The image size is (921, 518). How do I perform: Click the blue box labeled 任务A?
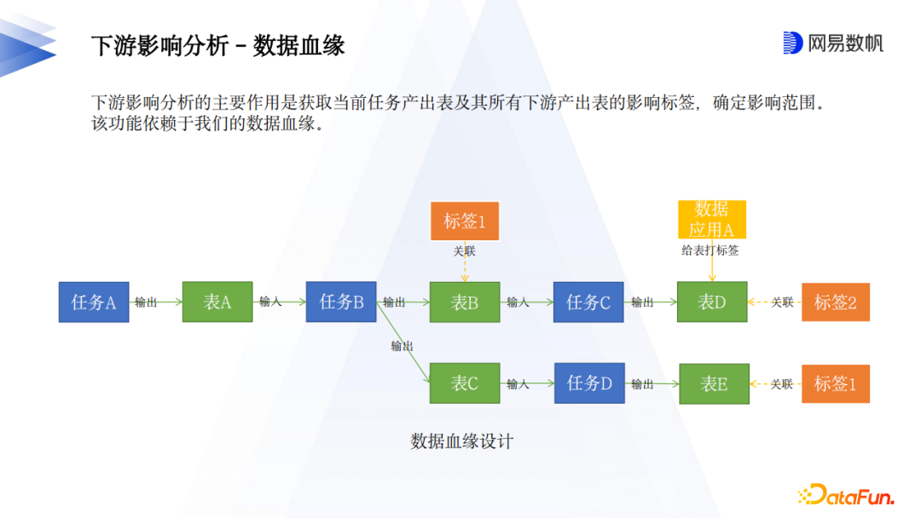coord(94,302)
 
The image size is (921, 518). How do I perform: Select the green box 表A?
coord(217,302)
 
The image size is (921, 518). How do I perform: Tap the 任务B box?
coord(341,302)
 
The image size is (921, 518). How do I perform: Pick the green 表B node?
coord(465,302)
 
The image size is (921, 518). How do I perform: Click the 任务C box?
coord(588,302)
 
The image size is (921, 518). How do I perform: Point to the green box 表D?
coord(712,302)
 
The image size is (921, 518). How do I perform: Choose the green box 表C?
coord(465,383)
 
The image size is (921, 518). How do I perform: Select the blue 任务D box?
coord(589,383)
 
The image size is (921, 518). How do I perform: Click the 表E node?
coord(714,383)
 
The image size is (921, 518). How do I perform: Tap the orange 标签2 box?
coord(835,302)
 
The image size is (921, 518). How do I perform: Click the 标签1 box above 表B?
coord(465,221)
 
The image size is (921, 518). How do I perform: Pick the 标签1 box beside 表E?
coord(835,383)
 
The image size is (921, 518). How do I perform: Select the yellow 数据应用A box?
coord(712,220)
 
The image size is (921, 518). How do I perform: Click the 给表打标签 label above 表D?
coord(710,250)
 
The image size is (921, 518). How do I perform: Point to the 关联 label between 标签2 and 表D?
coord(782,302)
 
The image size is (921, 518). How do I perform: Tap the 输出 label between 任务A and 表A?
coord(146,302)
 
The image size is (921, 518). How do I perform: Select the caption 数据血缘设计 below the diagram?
coord(462,441)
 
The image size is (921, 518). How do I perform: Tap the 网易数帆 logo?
coord(833,43)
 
